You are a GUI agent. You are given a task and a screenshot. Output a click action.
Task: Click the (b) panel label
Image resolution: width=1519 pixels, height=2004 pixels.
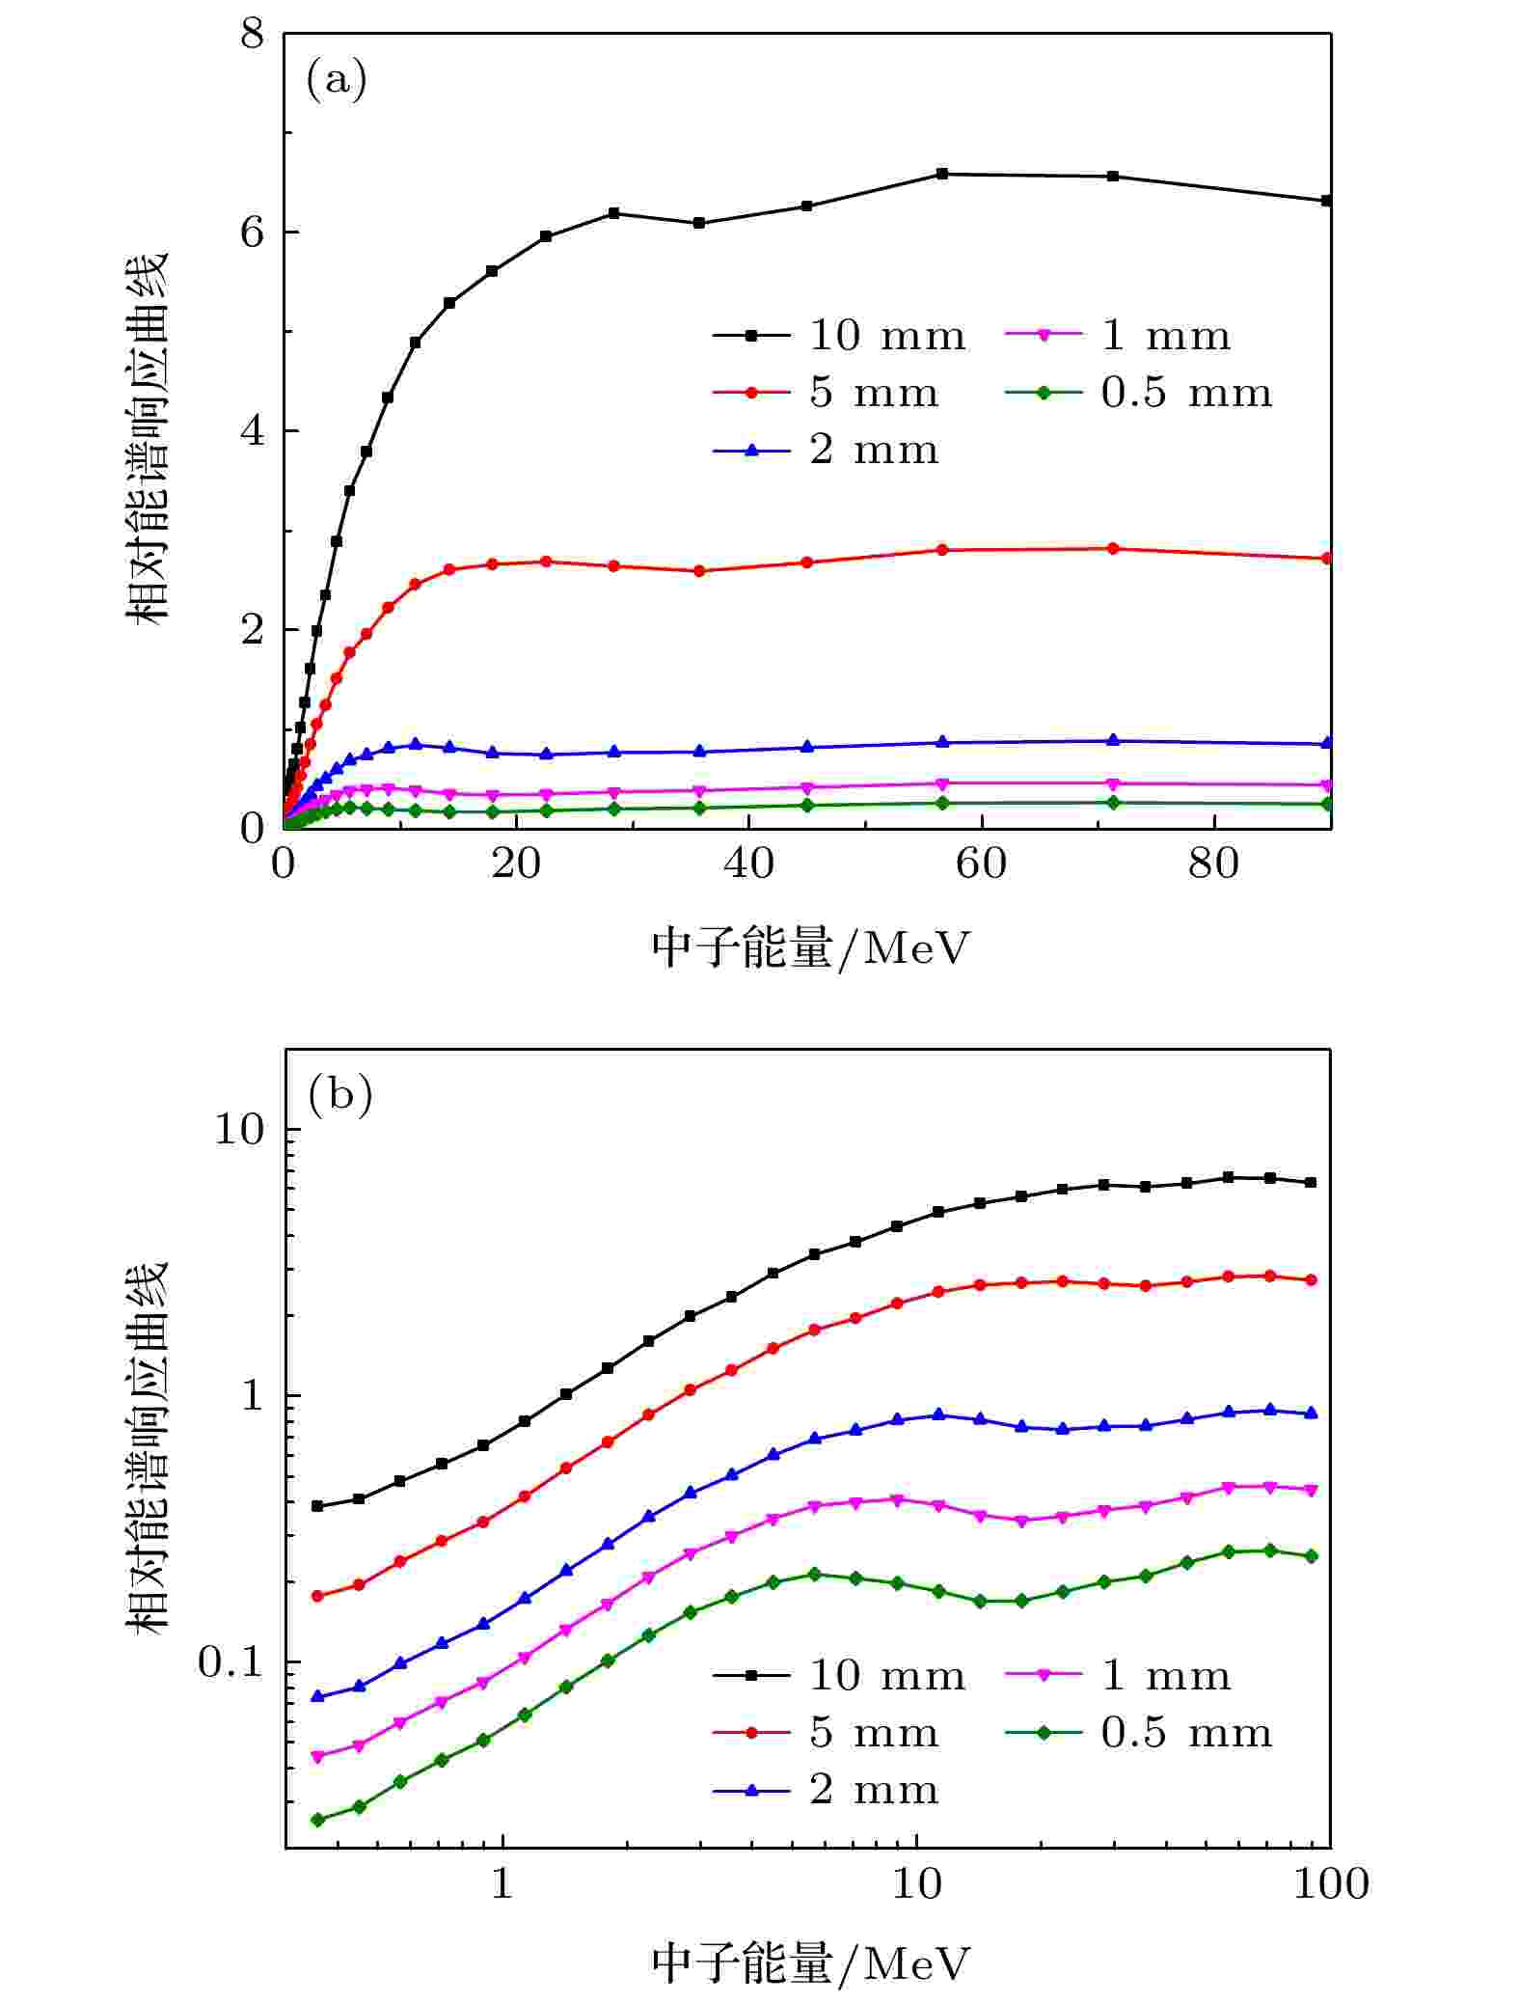pos(339,1096)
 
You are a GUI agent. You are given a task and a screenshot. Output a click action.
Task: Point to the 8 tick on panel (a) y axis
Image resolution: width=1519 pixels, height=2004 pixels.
pos(252,35)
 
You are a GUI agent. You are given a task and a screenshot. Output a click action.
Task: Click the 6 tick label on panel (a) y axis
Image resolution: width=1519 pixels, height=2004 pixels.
pos(252,233)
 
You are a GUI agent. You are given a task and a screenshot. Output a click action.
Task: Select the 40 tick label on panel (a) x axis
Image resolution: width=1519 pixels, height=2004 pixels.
pos(748,864)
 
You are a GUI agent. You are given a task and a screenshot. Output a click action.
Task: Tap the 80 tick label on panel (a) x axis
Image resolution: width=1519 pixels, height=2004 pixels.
pos(1213,864)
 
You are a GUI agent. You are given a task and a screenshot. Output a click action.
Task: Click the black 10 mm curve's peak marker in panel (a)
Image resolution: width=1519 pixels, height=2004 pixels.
pos(942,174)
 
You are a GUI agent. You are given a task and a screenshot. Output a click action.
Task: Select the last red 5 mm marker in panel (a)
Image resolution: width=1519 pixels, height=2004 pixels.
pos(1327,559)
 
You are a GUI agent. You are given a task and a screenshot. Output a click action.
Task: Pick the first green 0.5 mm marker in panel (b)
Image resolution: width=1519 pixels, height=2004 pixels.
pos(317,1820)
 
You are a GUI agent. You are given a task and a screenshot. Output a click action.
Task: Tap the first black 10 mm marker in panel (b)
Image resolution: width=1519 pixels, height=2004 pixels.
pos(317,1506)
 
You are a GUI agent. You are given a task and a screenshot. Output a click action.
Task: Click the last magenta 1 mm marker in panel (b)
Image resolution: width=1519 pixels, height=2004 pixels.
pos(1311,1491)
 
